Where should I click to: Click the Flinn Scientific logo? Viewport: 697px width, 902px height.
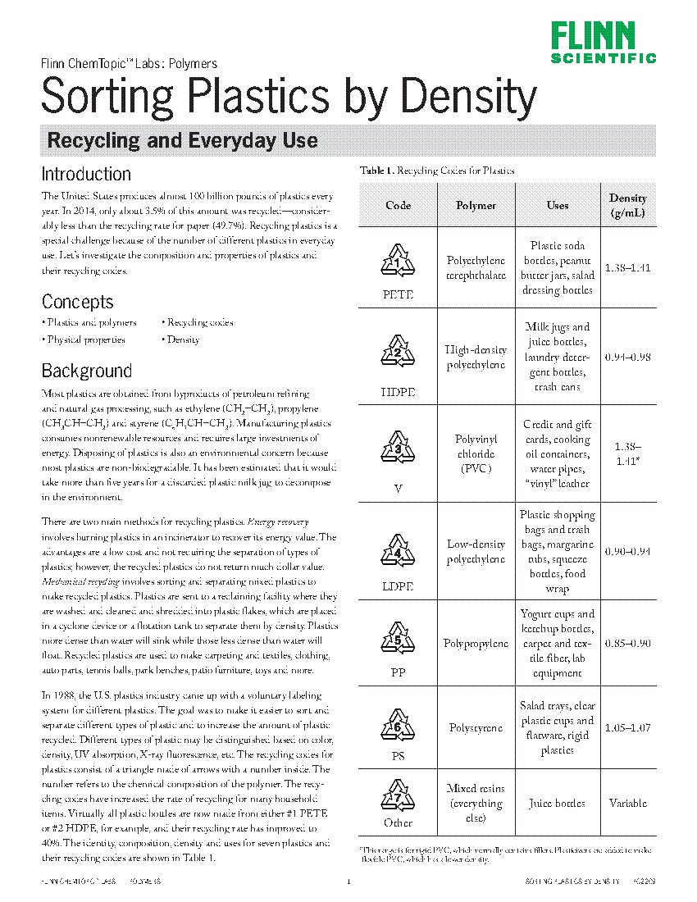[603, 42]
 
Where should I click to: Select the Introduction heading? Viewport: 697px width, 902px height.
[86, 174]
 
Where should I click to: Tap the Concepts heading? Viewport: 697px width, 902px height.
[77, 301]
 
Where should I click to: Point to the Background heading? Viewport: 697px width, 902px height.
[86, 371]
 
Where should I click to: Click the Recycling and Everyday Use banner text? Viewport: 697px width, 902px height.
[182, 140]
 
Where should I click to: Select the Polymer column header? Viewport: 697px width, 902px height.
[476, 205]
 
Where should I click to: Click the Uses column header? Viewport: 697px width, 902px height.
[558, 205]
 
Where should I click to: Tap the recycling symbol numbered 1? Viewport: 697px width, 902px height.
[398, 261]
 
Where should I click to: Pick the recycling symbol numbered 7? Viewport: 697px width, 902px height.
[398, 795]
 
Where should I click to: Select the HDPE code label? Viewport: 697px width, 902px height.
[398, 392]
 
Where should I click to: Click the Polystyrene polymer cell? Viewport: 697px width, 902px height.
[476, 727]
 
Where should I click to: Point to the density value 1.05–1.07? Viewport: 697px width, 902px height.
[627, 727]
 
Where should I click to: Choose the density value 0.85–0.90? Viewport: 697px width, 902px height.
[627, 644]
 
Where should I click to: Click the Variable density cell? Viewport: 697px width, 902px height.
[627, 804]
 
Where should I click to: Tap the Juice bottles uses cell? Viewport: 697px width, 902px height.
[558, 804]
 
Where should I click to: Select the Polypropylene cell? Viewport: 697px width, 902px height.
[476, 644]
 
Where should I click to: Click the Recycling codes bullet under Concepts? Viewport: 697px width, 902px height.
[199, 322]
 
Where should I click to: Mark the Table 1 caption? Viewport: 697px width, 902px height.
[437, 171]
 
